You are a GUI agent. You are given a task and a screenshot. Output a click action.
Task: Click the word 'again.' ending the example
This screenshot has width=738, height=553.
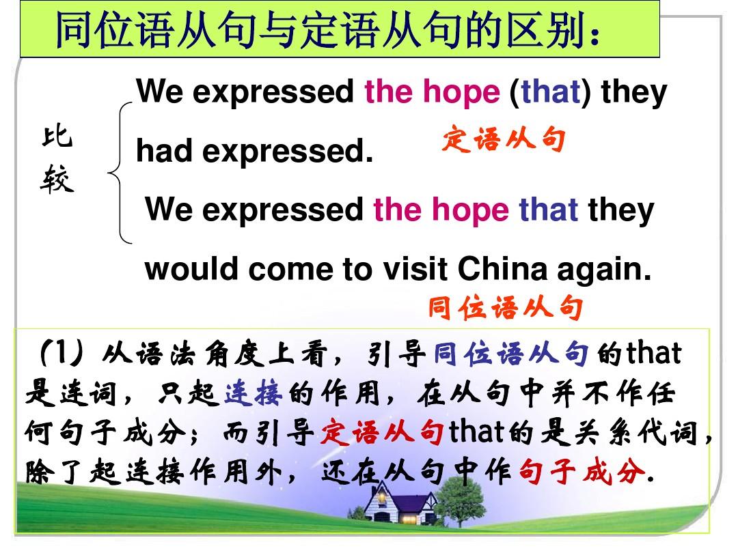[x=604, y=271]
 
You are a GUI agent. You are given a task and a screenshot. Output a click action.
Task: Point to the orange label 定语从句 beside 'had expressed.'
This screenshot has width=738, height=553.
[x=504, y=139]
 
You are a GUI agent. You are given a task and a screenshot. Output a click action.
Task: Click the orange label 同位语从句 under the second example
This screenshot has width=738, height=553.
[x=506, y=308]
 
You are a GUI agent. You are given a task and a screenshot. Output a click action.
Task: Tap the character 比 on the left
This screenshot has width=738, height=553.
[x=57, y=137]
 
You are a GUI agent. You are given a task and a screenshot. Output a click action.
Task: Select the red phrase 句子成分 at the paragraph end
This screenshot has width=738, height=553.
[x=582, y=471]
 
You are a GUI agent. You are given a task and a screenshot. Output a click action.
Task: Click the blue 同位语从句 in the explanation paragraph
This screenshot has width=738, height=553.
[x=511, y=354]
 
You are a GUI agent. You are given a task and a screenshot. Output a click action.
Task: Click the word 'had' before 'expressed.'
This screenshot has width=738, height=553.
[x=164, y=151]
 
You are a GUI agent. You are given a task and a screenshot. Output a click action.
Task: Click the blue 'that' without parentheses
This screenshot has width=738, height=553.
[x=548, y=210]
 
